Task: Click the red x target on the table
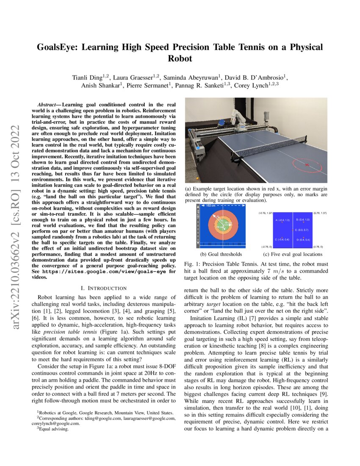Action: (307, 164)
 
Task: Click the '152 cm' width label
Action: (211, 206)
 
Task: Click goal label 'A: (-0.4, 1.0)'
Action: (282, 220)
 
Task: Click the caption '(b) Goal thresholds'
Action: (215, 254)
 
